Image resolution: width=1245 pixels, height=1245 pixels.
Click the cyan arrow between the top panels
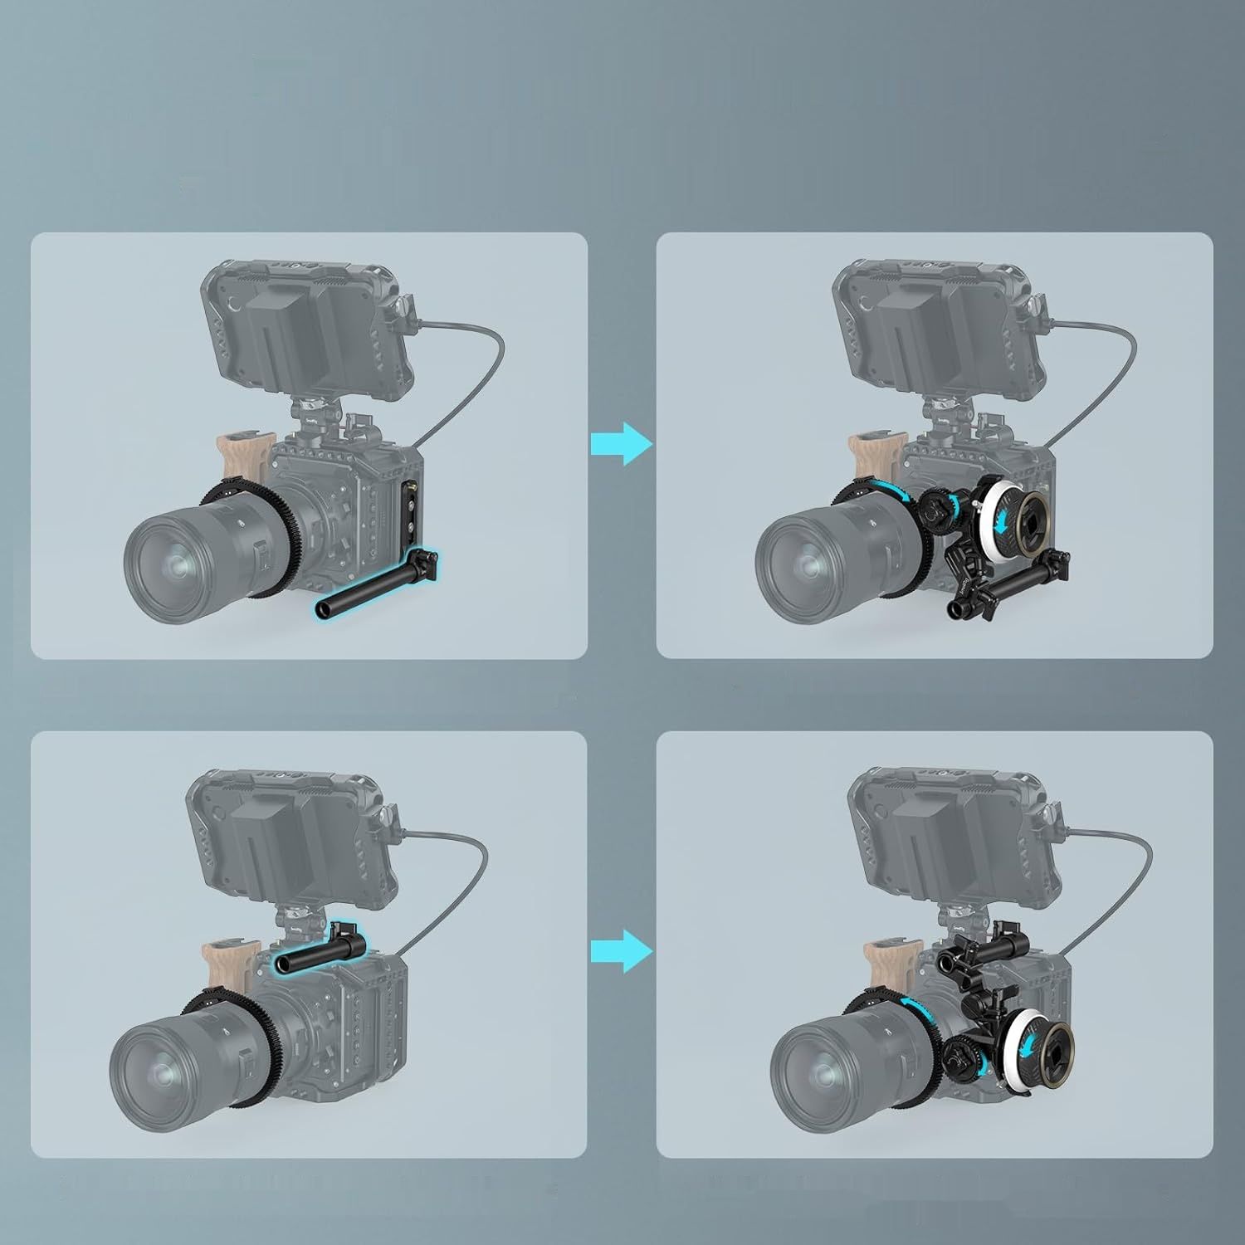(x=622, y=443)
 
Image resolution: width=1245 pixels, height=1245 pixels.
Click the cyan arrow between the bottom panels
(x=622, y=950)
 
